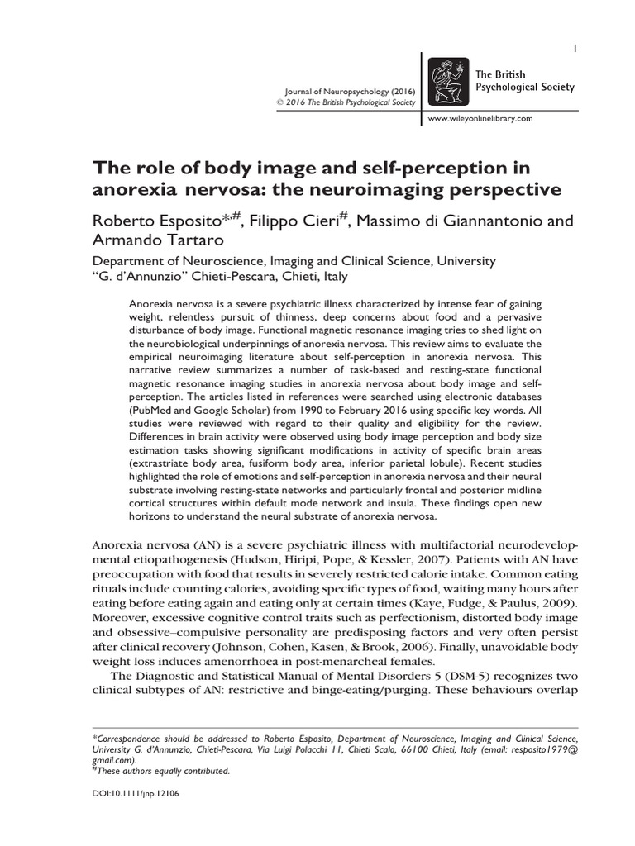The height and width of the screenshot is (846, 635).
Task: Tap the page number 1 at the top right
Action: click(575, 50)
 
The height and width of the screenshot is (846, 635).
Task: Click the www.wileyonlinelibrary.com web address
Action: click(480, 119)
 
